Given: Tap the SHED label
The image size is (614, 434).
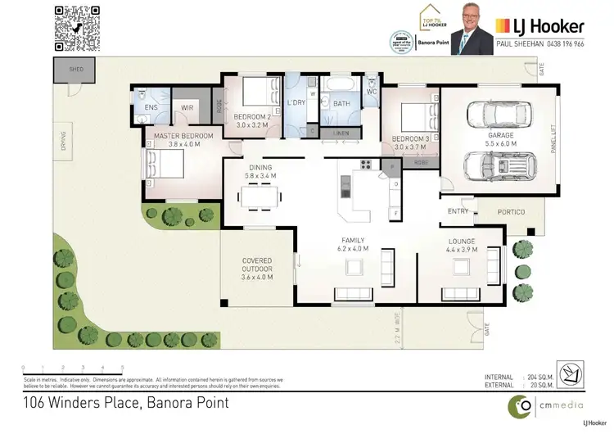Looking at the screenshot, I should (x=77, y=70).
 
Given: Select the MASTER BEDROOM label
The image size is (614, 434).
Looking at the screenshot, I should (x=178, y=135).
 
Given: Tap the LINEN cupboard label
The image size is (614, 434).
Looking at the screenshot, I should (x=340, y=133).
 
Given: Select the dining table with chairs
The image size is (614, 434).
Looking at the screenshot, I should (x=259, y=196).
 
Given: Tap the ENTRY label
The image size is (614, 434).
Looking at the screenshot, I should (x=459, y=211).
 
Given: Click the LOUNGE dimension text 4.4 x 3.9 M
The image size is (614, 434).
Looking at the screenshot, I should (x=461, y=249).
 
